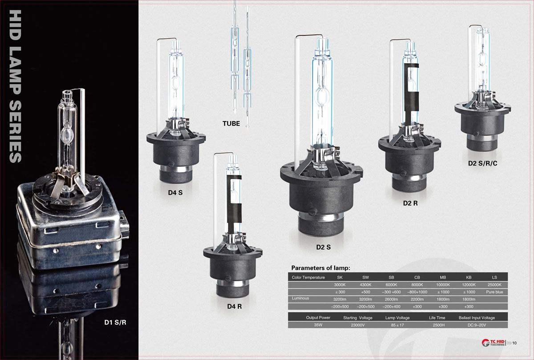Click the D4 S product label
pos(175,193)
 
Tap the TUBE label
pos(231,124)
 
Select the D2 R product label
pos(410,203)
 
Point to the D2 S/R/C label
pos(483,163)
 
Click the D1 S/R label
pos(115,322)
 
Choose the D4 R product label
pos(235,306)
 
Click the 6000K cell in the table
pos(391,285)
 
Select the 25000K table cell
pos(494,285)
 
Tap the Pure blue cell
pos(494,292)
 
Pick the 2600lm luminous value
pos(391,299)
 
